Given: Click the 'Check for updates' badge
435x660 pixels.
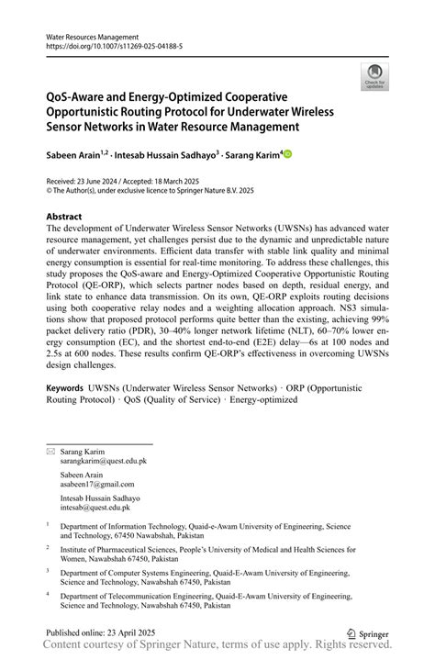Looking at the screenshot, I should pyautogui.click(x=374, y=76).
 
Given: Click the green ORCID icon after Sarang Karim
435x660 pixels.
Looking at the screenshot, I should pyautogui.click(x=286, y=154).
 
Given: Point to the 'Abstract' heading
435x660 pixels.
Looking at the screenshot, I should pyautogui.click(x=69, y=217).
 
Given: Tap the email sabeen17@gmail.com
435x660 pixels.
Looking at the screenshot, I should pyautogui.click(x=97, y=484).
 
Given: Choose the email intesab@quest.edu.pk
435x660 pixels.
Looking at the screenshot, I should pyautogui.click(x=95, y=507).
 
